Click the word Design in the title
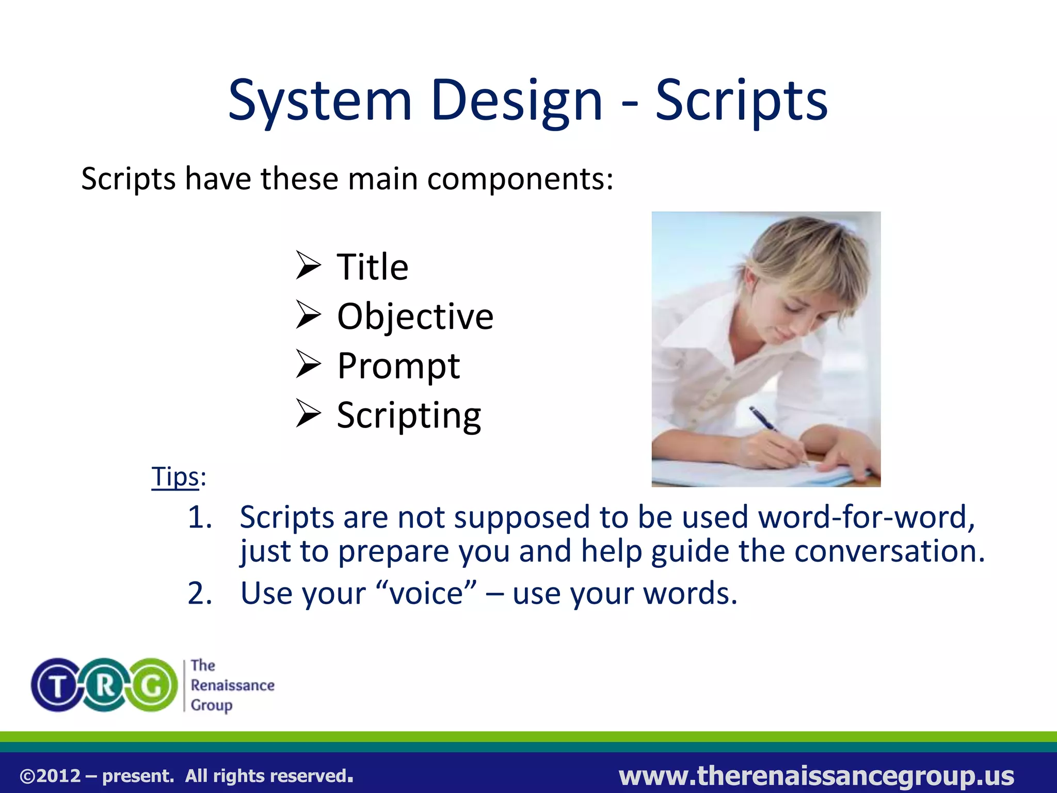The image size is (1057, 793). point(516,101)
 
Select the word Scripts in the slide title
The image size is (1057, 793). point(741,101)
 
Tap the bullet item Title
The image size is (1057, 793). point(373,267)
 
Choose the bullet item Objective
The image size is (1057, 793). point(415,316)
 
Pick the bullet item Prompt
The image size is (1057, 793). point(398,366)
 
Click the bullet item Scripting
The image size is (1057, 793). point(409,415)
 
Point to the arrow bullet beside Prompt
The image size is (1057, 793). point(309,364)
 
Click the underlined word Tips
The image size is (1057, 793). point(175,476)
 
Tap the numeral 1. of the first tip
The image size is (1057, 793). point(200,517)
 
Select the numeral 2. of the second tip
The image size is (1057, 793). point(200,593)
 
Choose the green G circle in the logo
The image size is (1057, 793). point(152,686)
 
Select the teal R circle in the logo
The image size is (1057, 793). point(105,686)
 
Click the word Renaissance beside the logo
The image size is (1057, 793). point(232,686)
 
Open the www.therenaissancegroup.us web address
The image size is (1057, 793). point(816,776)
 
